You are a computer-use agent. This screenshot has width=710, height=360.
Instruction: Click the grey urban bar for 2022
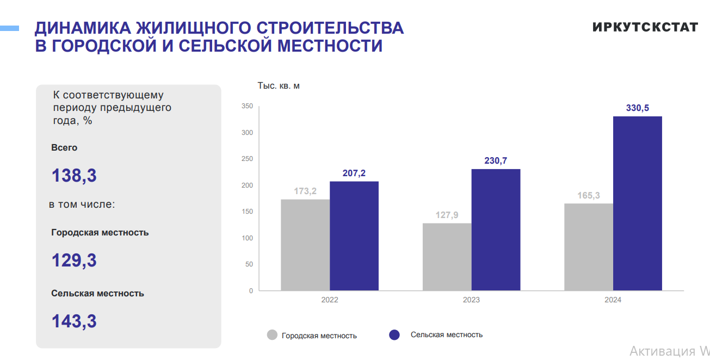tap(305, 245)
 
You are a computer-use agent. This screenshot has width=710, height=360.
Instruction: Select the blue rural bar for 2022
tap(354, 235)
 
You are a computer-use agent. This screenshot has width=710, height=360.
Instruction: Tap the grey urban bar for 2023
tap(447, 257)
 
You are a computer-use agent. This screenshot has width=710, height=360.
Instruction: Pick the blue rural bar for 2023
tap(496, 229)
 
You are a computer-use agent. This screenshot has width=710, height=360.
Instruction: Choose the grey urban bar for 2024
tap(588, 247)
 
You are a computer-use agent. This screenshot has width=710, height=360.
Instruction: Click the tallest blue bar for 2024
tap(637, 203)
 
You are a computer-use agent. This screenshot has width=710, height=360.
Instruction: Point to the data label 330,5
tap(637, 108)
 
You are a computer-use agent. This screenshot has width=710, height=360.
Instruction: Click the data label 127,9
tap(447, 215)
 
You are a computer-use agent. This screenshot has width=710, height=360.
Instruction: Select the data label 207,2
tap(354, 173)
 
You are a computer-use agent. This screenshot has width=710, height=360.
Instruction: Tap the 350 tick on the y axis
tap(248, 107)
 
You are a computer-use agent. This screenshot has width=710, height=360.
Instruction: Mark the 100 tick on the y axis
tap(248, 238)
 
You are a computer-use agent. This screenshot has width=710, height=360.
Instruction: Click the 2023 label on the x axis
tap(471, 300)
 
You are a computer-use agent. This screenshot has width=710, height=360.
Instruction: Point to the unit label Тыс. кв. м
tap(279, 86)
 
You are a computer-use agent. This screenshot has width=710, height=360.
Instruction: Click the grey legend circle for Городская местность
tap(273, 335)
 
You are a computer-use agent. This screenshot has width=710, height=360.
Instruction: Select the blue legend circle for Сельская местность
tap(394, 335)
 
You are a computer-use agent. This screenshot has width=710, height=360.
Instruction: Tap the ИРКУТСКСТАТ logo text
tap(645, 27)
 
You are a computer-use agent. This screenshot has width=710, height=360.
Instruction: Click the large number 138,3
tap(74, 176)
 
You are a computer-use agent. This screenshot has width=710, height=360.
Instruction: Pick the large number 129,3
tap(74, 260)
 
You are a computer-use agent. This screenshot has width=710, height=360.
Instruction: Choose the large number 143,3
tap(74, 321)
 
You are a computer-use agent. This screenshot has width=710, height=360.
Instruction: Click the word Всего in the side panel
tap(64, 148)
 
